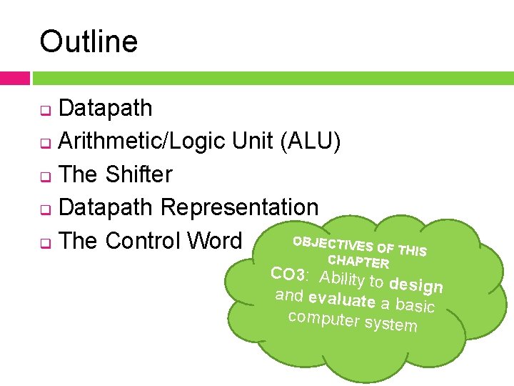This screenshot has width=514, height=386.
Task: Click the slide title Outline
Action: (x=89, y=41)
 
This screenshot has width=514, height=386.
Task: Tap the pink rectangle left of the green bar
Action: (x=14, y=78)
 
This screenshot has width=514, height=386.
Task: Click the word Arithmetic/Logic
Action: (x=142, y=142)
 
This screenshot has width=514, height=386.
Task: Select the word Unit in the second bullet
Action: (x=253, y=142)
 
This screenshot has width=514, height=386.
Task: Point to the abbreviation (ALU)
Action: (x=311, y=142)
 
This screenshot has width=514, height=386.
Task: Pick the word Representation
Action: (x=239, y=207)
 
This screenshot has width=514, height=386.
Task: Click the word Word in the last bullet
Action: (x=218, y=240)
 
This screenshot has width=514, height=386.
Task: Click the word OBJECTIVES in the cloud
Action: (x=333, y=244)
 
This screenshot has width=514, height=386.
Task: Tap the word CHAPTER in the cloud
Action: (x=358, y=261)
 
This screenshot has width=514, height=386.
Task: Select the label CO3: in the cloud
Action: (x=290, y=274)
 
